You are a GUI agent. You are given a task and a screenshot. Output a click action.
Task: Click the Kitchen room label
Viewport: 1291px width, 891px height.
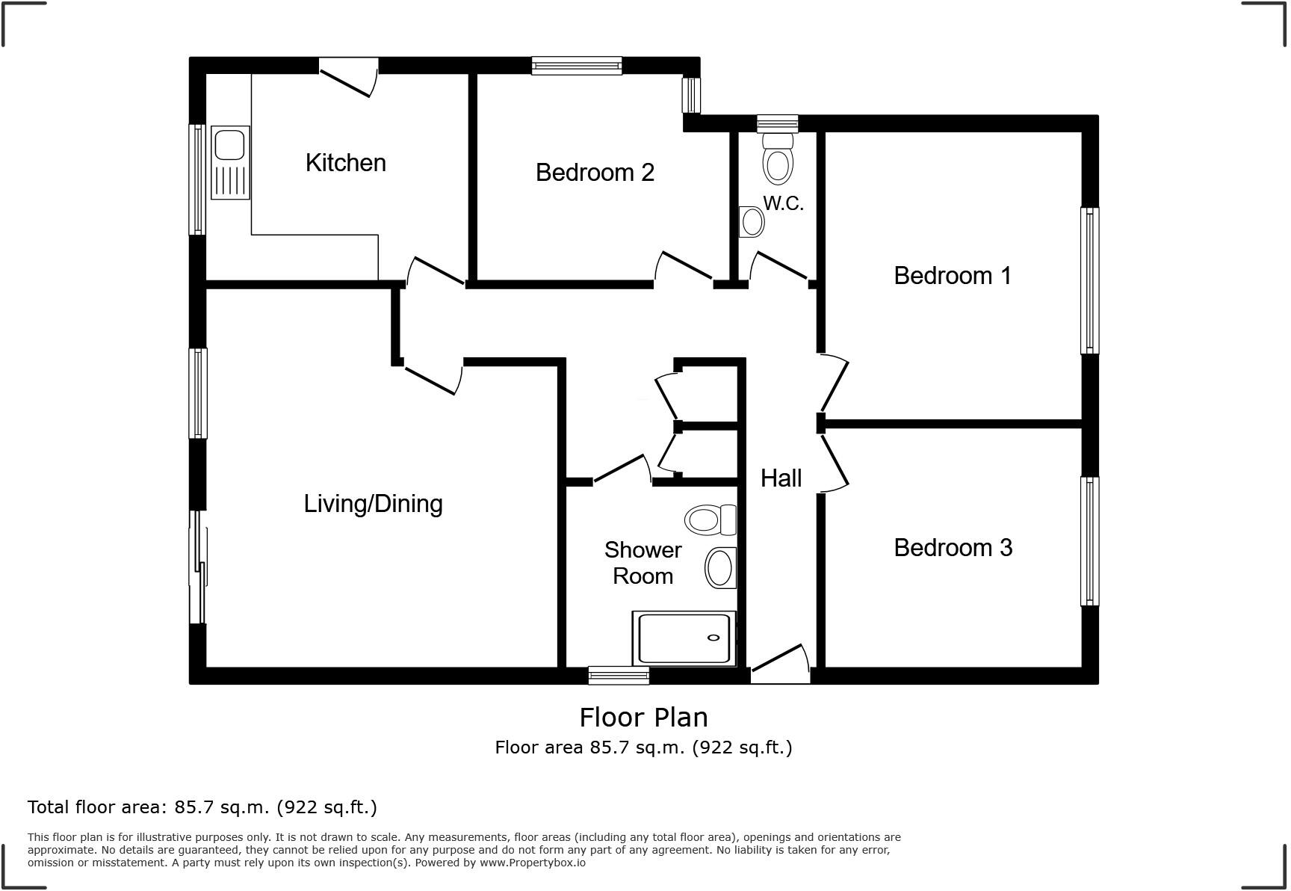pyautogui.click(x=345, y=163)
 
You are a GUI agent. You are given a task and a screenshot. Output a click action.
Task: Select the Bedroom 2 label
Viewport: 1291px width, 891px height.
pyautogui.click(x=595, y=173)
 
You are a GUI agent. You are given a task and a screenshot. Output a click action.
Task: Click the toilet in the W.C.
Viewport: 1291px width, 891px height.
pyautogui.click(x=778, y=158)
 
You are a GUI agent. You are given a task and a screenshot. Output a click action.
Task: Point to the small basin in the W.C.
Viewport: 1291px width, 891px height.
pyautogui.click(x=752, y=222)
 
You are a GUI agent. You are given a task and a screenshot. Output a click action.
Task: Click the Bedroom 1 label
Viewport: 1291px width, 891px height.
pyautogui.click(x=952, y=276)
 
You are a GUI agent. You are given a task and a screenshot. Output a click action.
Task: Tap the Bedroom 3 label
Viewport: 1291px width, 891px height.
pyautogui.click(x=953, y=548)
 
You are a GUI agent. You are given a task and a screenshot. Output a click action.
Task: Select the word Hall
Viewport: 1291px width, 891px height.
pyautogui.click(x=781, y=478)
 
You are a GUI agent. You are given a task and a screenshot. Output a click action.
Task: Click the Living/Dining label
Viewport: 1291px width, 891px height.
pyautogui.click(x=373, y=504)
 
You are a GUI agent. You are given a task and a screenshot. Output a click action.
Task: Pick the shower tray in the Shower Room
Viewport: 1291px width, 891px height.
pyautogui.click(x=684, y=638)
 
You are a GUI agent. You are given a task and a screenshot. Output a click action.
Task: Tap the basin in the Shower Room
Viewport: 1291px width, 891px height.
pyautogui.click(x=720, y=568)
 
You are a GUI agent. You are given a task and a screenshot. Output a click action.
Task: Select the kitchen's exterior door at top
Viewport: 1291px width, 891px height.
pyautogui.click(x=348, y=78)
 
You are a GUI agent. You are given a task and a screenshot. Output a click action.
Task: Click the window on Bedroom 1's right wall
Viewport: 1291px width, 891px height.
pyautogui.click(x=1089, y=280)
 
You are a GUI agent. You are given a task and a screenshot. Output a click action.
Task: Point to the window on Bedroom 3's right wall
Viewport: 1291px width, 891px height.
pyautogui.click(x=1089, y=541)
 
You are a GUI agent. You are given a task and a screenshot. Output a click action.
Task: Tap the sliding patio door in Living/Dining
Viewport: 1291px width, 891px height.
pyautogui.click(x=198, y=568)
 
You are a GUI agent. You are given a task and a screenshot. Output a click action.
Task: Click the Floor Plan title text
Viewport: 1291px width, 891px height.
pyautogui.click(x=643, y=718)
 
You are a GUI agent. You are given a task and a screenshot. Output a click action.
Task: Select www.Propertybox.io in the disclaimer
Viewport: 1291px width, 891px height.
pyautogui.click(x=532, y=863)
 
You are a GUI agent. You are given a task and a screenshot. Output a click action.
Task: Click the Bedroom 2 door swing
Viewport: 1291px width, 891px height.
pyautogui.click(x=683, y=268)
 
